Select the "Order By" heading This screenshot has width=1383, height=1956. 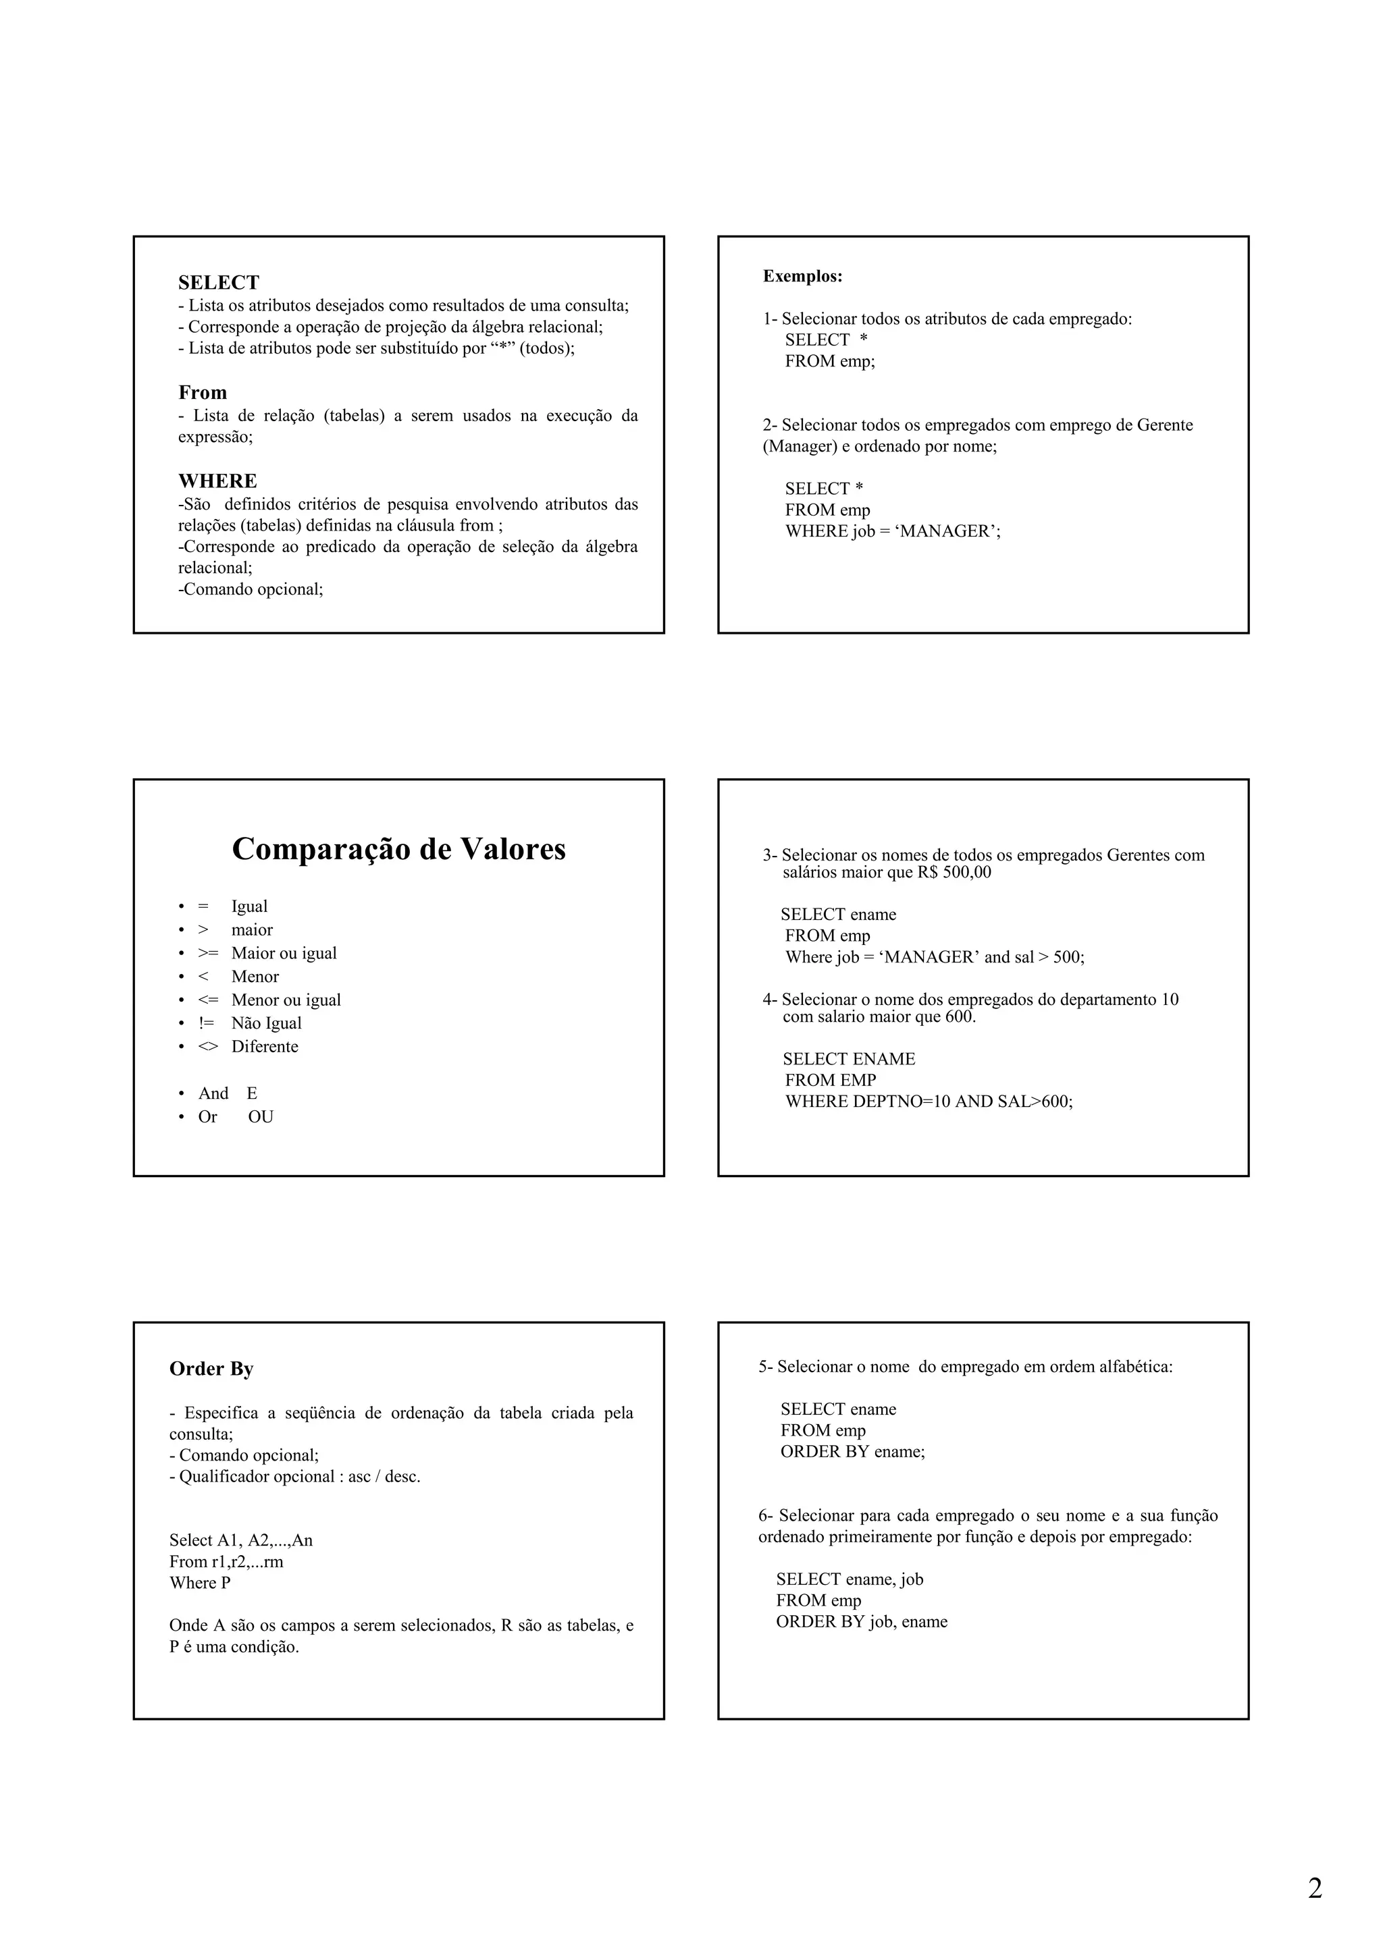click(211, 1368)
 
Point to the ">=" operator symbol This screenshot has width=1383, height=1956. click(208, 953)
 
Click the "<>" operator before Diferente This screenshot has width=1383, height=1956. click(208, 1047)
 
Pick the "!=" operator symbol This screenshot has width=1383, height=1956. click(206, 1023)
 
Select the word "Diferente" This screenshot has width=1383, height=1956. click(264, 1047)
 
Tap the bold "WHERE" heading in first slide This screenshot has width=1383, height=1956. click(217, 481)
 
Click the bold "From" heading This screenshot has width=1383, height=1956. click(203, 393)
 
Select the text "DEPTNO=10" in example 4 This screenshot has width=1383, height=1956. click(902, 1102)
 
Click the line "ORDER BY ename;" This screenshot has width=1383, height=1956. click(852, 1452)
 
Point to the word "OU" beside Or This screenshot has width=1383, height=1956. click(261, 1117)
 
